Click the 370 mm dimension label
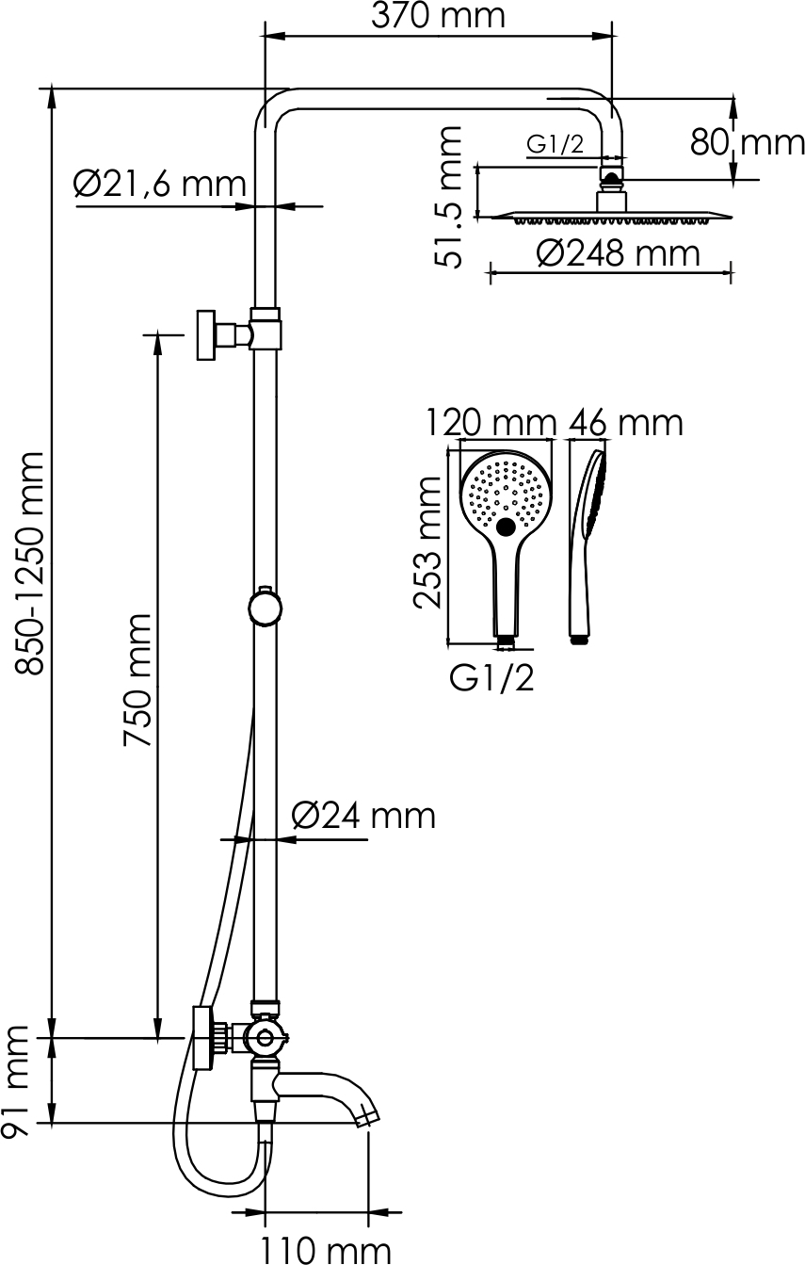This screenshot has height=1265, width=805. pyautogui.click(x=438, y=16)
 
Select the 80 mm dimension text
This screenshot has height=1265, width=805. pyautogui.click(x=749, y=142)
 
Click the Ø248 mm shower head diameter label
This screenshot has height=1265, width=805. pyautogui.click(x=619, y=253)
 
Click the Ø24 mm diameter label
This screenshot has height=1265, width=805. pyautogui.click(x=363, y=815)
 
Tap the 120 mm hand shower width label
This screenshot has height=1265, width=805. pyautogui.click(x=490, y=423)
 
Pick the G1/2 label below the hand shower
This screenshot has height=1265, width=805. pyautogui.click(x=491, y=677)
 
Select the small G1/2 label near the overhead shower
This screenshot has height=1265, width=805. pyautogui.click(x=555, y=143)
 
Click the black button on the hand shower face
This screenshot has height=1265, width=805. pyautogui.click(x=507, y=527)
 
